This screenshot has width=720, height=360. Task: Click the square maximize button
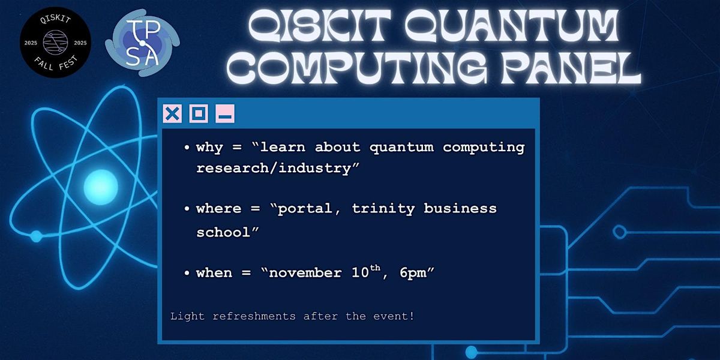pyautogui.click(x=199, y=113)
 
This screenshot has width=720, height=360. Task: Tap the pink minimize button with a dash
pyautogui.click(x=225, y=113)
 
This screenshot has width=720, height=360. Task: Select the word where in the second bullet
pyautogui.click(x=219, y=209)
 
